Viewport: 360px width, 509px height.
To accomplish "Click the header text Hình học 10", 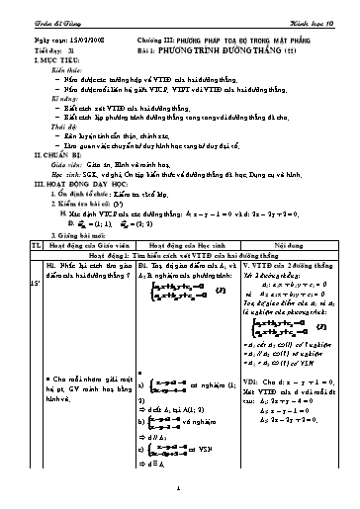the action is pyautogui.click(x=324, y=10).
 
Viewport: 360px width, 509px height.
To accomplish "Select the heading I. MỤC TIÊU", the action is pyautogui.click(x=37, y=46).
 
